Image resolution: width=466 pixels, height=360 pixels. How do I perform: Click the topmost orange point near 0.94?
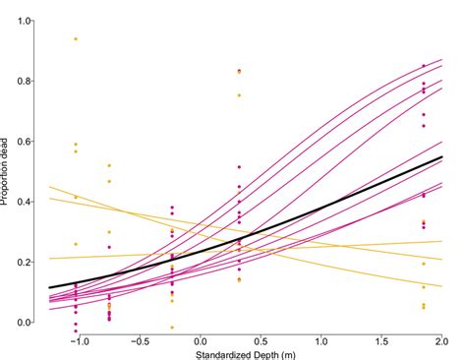[x=76, y=38]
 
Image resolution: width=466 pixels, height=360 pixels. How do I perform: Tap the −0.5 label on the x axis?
[x=137, y=340]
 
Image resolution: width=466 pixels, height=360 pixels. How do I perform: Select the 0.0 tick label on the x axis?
[x=199, y=340]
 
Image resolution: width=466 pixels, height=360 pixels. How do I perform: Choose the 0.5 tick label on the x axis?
[x=261, y=340]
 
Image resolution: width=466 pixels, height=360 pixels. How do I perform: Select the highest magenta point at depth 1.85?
[x=424, y=66]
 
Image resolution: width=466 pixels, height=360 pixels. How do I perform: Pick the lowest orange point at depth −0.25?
[x=172, y=328]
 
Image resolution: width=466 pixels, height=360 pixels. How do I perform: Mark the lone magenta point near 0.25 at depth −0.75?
[x=109, y=247]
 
